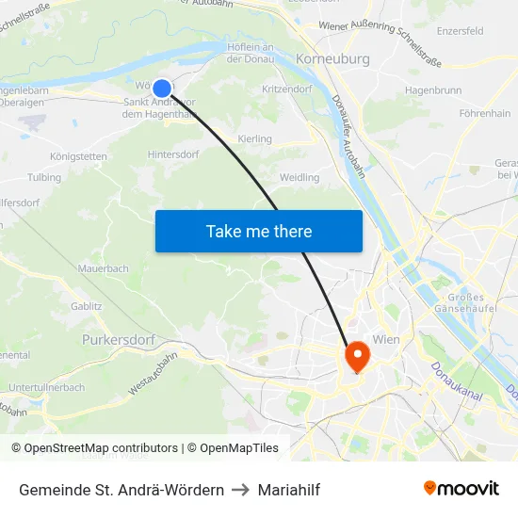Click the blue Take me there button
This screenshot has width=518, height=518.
258,231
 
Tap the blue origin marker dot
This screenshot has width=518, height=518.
162,89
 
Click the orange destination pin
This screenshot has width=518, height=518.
358,356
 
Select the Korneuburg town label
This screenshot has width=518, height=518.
332,58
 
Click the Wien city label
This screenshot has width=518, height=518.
388,338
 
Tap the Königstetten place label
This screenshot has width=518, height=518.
78,155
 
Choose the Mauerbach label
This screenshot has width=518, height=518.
104,268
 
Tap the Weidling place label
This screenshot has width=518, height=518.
299,177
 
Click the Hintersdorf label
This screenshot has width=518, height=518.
175,154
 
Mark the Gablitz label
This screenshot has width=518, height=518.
87,306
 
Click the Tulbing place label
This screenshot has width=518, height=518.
44,177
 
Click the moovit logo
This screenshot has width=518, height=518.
461,489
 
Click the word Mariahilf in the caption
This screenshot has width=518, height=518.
289,490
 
